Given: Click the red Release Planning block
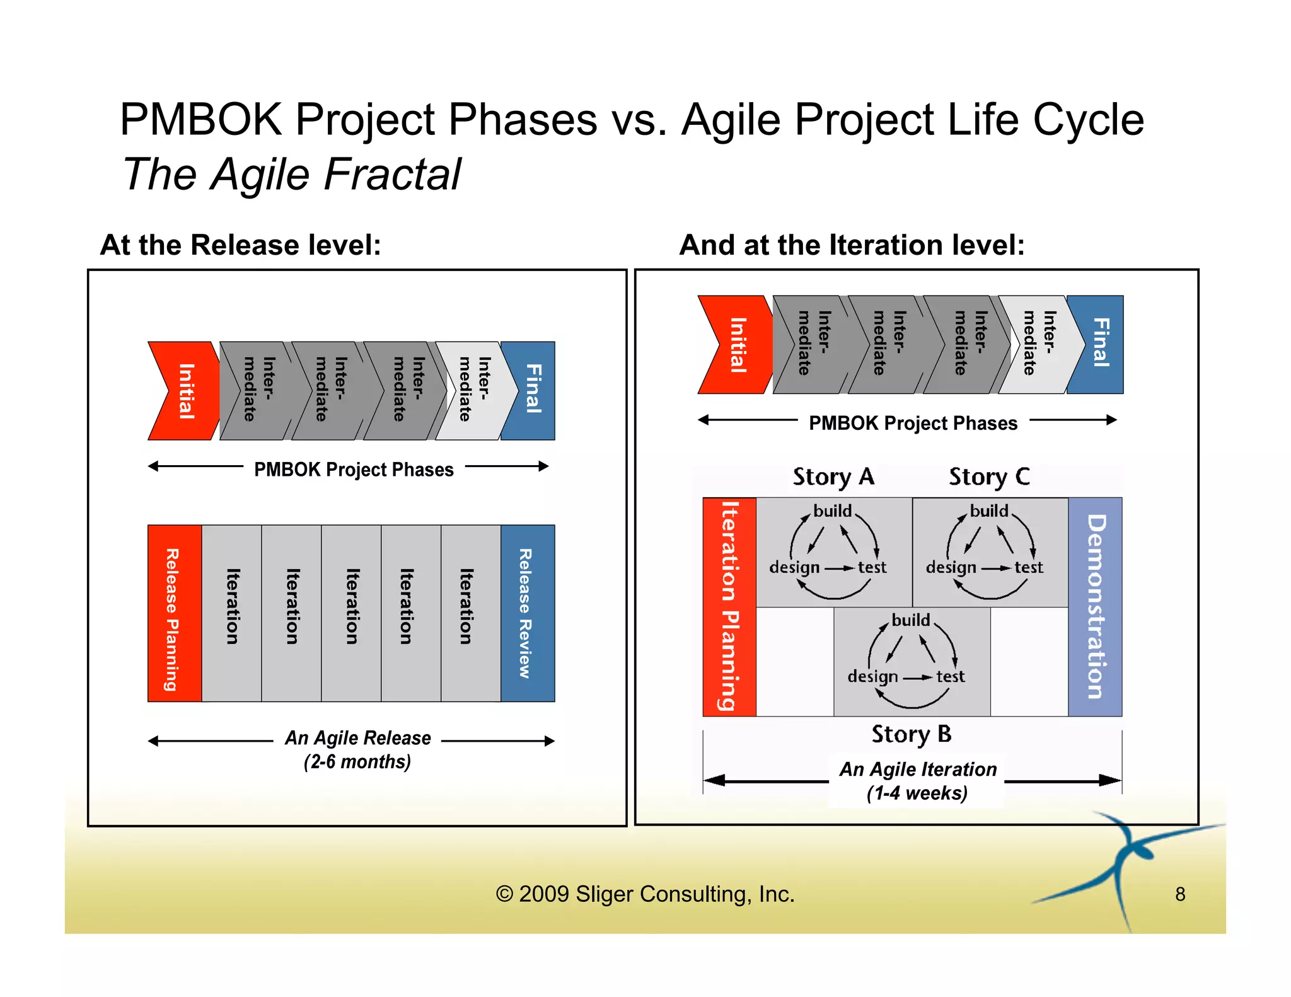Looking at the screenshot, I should click(174, 613).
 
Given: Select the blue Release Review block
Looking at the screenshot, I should click(527, 613).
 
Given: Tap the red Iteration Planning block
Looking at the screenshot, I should click(729, 606).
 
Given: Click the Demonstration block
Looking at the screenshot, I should click(1095, 606).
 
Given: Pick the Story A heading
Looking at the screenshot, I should click(833, 477).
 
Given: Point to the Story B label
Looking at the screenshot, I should click(911, 734).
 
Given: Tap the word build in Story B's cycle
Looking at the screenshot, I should click(910, 620).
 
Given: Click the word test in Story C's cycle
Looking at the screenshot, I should click(1029, 568).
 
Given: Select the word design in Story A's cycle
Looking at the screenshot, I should click(794, 568).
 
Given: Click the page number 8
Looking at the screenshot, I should click(1180, 894).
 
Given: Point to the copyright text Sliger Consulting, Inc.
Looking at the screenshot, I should click(645, 894).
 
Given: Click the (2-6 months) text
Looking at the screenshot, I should click(357, 762).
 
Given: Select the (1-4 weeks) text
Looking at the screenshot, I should click(917, 793).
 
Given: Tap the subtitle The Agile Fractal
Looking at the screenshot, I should click(291, 175).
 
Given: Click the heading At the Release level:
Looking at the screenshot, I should click(240, 245).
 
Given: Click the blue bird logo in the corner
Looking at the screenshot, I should click(1125, 867).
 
